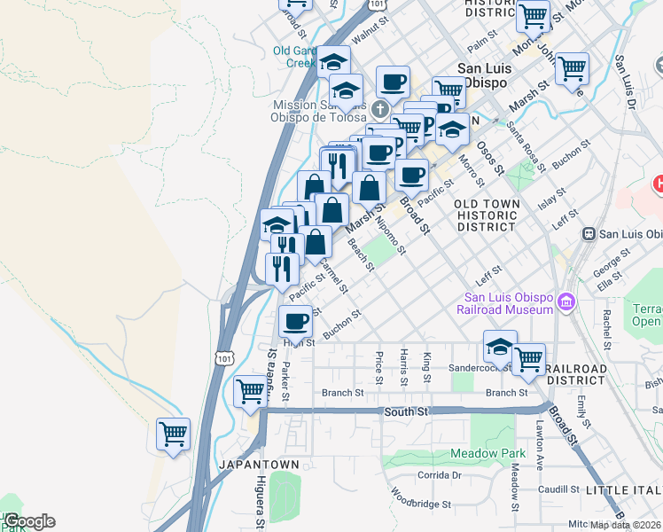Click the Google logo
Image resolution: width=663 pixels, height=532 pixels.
29,521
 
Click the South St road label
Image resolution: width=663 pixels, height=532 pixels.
406,411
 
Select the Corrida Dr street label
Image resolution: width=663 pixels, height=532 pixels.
441,475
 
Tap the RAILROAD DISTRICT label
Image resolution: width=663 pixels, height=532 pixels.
576,374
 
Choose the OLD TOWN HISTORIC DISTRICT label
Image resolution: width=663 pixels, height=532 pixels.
487,215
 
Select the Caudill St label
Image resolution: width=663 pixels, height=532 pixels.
558,489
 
